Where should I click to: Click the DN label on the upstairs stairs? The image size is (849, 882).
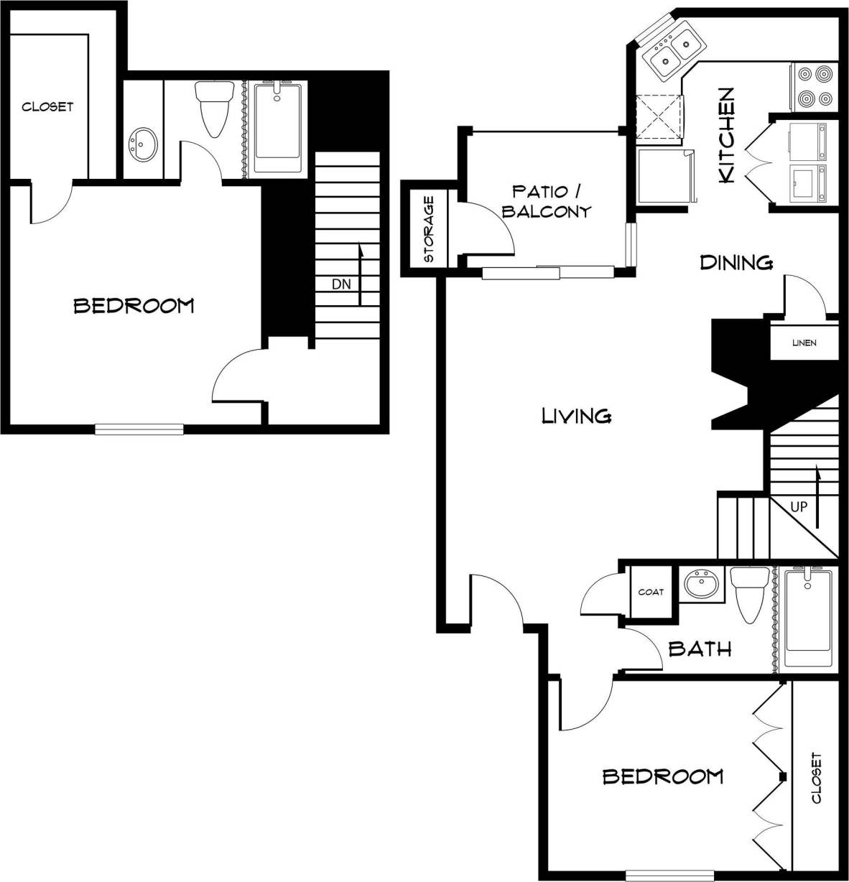click(341, 284)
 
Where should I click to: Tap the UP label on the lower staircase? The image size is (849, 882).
click(799, 506)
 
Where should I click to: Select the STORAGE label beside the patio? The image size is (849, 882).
click(429, 229)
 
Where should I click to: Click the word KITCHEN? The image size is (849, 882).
click(727, 135)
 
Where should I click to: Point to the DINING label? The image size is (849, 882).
click(736, 262)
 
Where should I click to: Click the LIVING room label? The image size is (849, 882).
click(576, 415)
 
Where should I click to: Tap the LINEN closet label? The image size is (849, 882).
click(804, 343)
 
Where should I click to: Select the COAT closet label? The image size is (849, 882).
click(651, 592)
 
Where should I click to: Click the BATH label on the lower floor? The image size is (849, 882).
click(700, 649)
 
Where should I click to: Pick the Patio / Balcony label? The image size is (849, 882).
click(546, 201)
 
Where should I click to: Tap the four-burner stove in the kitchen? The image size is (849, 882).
click(815, 87)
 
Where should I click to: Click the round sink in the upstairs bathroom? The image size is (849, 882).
click(143, 146)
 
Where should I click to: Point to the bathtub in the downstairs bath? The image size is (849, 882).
click(808, 618)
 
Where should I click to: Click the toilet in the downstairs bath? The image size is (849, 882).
click(749, 593)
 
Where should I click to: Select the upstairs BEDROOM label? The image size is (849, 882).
click(134, 306)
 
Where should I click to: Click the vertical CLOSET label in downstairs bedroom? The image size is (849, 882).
click(815, 778)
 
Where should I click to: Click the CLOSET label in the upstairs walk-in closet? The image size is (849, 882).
click(47, 107)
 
